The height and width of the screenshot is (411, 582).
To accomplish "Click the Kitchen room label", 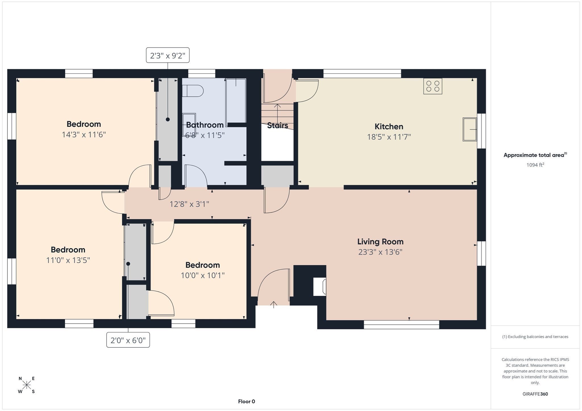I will (x=388, y=127).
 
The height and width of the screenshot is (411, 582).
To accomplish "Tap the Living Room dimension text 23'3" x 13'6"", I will (x=380, y=252).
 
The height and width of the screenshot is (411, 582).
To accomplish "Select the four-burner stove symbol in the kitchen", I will (x=433, y=86).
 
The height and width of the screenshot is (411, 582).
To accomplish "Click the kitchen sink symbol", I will (x=469, y=129).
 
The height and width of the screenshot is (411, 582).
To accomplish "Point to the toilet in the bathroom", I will (x=193, y=91).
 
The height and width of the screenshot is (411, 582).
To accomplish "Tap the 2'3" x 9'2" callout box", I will (x=168, y=55).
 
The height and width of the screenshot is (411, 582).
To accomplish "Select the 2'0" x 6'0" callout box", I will (x=128, y=340).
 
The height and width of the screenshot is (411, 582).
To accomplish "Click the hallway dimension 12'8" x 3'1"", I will (x=189, y=204).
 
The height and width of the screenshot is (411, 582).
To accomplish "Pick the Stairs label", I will (x=277, y=125).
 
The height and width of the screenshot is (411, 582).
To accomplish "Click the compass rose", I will (x=27, y=385).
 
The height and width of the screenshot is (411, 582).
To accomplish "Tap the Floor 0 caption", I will (x=246, y=401).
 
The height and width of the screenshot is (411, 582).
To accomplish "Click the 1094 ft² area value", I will (x=535, y=165).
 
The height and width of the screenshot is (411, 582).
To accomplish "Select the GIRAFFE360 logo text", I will (x=535, y=394).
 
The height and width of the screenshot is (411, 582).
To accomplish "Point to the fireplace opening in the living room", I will (x=320, y=287).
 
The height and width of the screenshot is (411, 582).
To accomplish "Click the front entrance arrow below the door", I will (x=273, y=305).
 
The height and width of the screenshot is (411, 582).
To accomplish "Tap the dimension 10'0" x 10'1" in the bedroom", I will (x=203, y=275).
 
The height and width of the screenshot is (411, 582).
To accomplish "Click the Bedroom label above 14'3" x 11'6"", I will (x=84, y=124).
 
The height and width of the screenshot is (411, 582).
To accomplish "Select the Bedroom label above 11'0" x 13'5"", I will (x=68, y=250).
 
